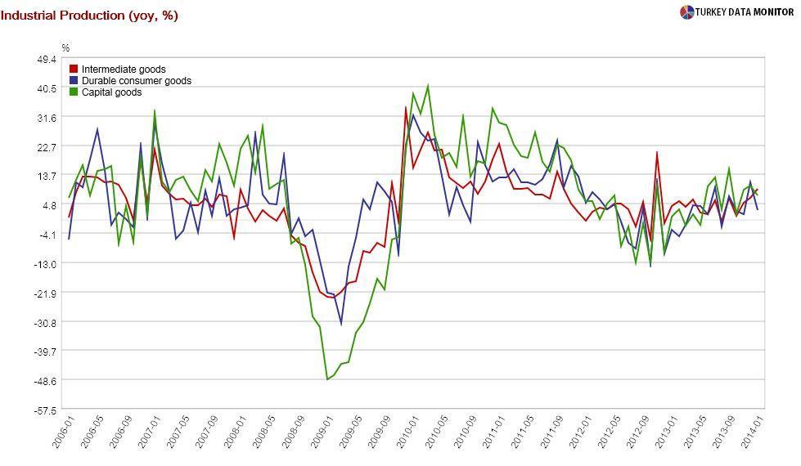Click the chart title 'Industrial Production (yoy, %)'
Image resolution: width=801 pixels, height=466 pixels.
89,16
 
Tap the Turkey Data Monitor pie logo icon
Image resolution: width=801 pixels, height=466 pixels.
686,11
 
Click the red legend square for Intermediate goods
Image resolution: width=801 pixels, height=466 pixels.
74,69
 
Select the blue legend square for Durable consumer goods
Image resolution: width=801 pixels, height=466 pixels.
74,81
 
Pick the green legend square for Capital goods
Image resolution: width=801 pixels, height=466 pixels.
74,92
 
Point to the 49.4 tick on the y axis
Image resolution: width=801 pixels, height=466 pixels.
46,59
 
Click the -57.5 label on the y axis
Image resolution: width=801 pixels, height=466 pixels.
46,410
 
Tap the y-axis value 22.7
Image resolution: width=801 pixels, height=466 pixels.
46,146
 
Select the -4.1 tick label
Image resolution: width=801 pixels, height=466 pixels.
47,235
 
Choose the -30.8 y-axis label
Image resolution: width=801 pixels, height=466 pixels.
46,322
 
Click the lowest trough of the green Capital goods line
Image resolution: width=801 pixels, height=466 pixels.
327,379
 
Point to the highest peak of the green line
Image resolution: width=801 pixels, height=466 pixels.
428,85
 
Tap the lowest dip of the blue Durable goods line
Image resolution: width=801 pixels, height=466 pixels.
341,325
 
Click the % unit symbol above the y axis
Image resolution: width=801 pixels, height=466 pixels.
66,48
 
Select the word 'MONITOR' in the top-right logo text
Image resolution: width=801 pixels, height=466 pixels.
771,11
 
